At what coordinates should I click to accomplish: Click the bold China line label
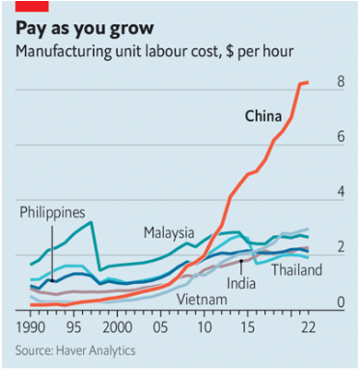coord(263,117)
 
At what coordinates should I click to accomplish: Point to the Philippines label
coord(50,213)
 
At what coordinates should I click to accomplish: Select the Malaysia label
coord(169,233)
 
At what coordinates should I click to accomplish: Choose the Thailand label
coord(296,270)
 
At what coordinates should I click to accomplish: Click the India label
coord(240,283)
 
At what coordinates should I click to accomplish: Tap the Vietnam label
coord(202,299)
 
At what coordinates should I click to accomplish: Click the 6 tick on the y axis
coord(340,137)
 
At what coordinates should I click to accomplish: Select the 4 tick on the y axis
coord(340,192)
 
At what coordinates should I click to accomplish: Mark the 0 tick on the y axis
coord(340,303)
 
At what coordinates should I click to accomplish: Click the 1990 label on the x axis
coord(33,328)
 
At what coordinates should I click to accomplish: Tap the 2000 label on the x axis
coord(116,328)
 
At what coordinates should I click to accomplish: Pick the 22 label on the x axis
coord(308,328)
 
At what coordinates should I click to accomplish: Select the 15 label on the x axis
coord(247,328)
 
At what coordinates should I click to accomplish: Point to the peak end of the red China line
coord(307,83)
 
